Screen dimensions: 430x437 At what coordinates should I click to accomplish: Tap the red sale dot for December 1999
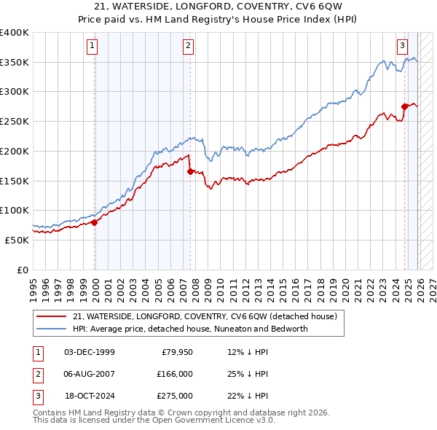point(95,222)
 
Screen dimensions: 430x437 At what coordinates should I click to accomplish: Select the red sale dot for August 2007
point(190,171)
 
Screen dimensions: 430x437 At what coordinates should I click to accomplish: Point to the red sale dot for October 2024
point(404,106)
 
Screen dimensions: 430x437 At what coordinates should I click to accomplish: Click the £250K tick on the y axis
point(15,121)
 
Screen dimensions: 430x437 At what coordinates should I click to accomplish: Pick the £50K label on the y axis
point(17,240)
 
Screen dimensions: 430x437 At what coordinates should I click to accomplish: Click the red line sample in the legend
point(51,317)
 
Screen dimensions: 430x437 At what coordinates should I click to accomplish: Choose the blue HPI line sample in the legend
point(51,329)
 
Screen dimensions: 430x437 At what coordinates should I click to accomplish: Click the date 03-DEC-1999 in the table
point(89,351)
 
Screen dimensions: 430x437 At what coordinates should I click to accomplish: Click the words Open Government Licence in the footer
point(215,420)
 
